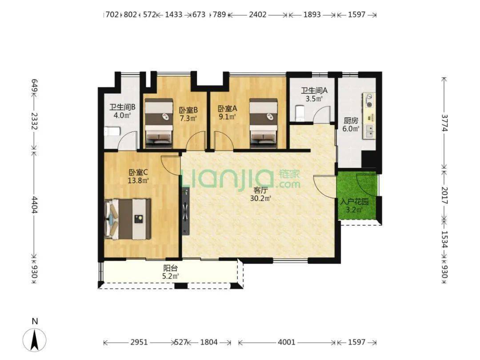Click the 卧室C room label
(138, 172)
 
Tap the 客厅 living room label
(260, 190)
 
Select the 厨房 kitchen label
(351, 120)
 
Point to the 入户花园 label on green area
(354, 202)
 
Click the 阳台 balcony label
(170, 268)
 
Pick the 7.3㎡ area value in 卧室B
(188, 118)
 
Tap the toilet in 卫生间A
(300, 113)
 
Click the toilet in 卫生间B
(112, 132)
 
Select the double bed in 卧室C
(128, 219)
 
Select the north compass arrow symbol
(35, 340)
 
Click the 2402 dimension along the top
(257, 14)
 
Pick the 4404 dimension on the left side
(35, 205)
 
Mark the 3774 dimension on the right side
(445, 123)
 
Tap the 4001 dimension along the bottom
(287, 342)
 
